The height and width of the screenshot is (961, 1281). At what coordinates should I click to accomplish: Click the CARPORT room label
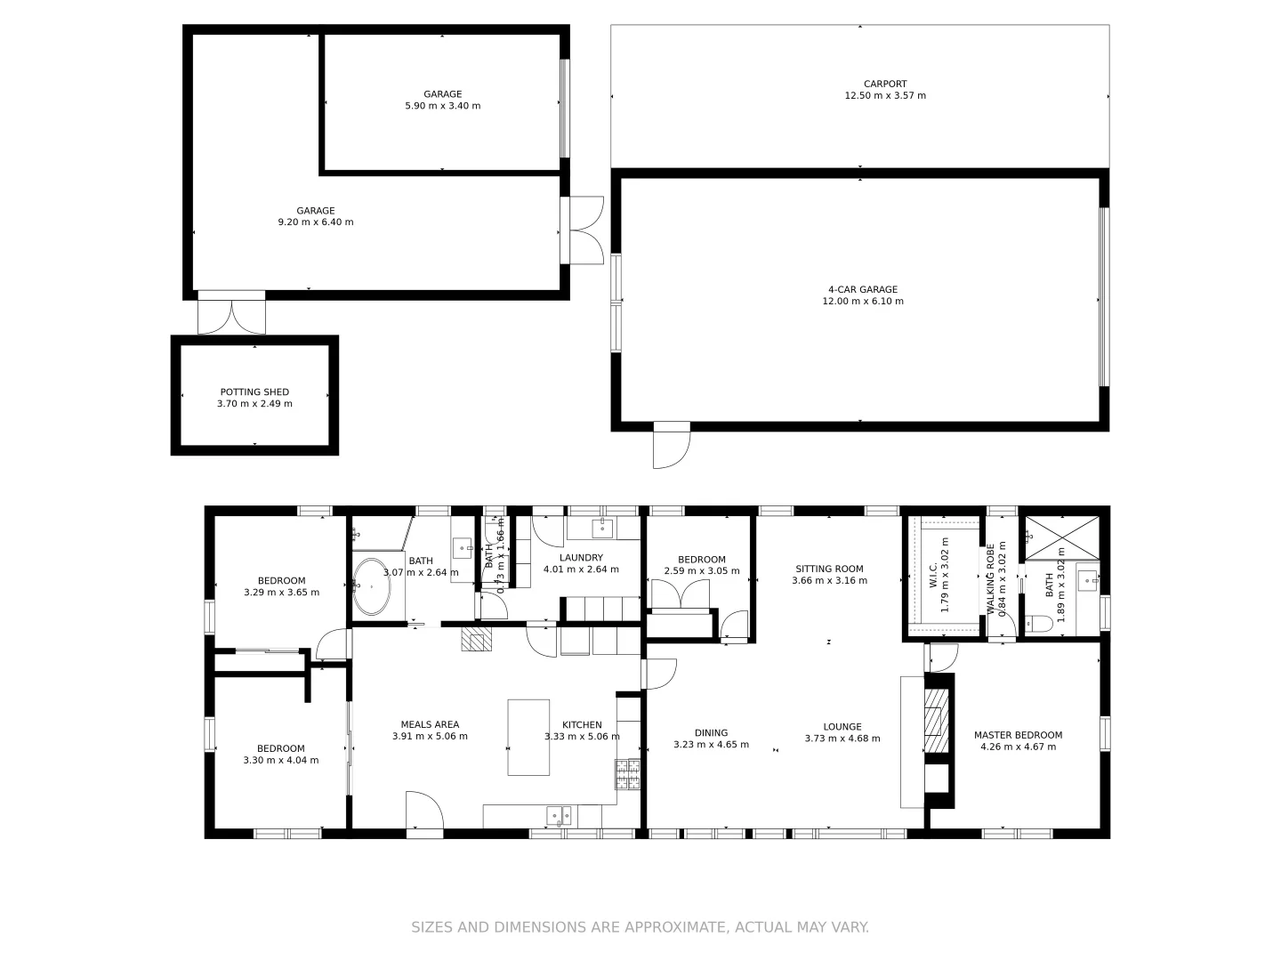884,85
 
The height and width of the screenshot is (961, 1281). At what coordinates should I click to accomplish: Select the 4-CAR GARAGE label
862,289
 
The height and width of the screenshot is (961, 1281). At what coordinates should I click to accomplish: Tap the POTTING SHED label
254,392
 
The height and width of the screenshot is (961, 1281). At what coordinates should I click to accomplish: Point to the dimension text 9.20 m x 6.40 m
315,222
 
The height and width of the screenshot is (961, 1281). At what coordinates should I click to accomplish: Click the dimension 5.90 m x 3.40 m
442,106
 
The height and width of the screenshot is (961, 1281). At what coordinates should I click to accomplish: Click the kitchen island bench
528,737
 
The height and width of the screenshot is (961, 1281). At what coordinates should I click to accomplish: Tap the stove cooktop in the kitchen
627,774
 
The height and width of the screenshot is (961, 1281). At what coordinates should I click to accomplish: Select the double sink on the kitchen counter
559,814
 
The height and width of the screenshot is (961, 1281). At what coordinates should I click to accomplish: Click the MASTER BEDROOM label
1018,735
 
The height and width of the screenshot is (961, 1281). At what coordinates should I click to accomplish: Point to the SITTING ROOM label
829,569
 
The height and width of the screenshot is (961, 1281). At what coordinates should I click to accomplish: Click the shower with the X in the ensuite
1061,537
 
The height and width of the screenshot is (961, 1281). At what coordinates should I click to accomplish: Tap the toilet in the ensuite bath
1038,624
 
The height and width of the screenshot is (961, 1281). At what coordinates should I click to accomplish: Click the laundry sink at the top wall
603,528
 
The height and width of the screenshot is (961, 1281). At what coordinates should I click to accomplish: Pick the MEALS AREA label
430,724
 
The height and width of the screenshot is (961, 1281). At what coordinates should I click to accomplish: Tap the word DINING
711,733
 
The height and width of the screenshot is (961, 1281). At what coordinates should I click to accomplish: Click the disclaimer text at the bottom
640,927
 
